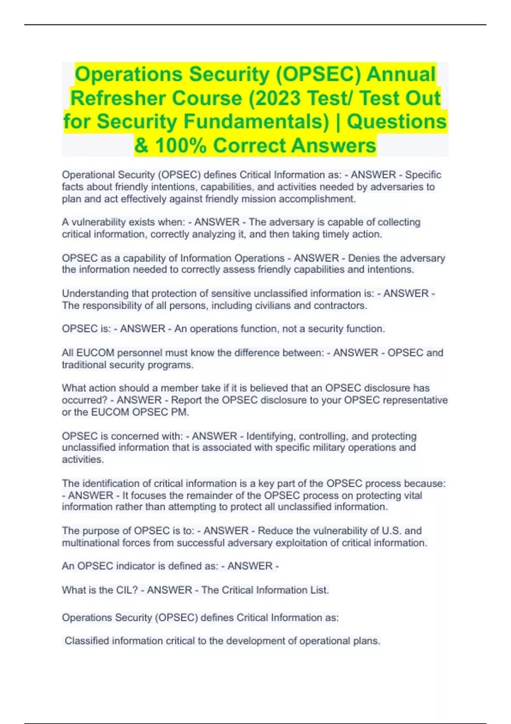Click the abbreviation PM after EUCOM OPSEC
(181, 412)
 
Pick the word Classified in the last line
(87, 641)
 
